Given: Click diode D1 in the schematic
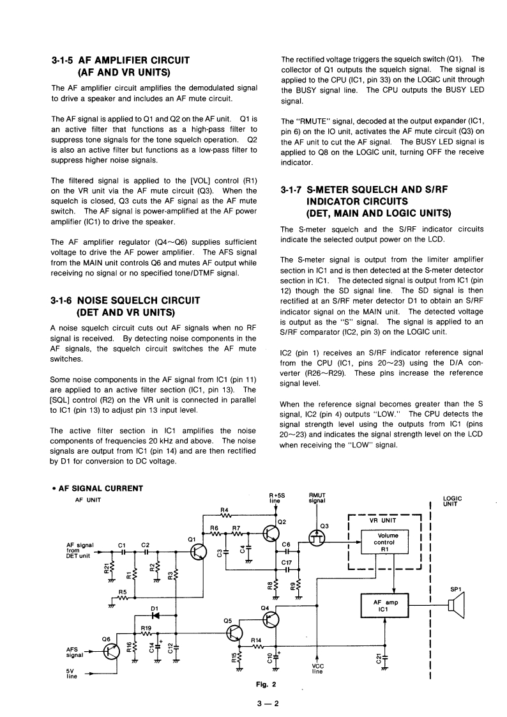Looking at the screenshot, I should [154, 615].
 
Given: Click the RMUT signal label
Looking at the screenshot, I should [317, 498].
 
